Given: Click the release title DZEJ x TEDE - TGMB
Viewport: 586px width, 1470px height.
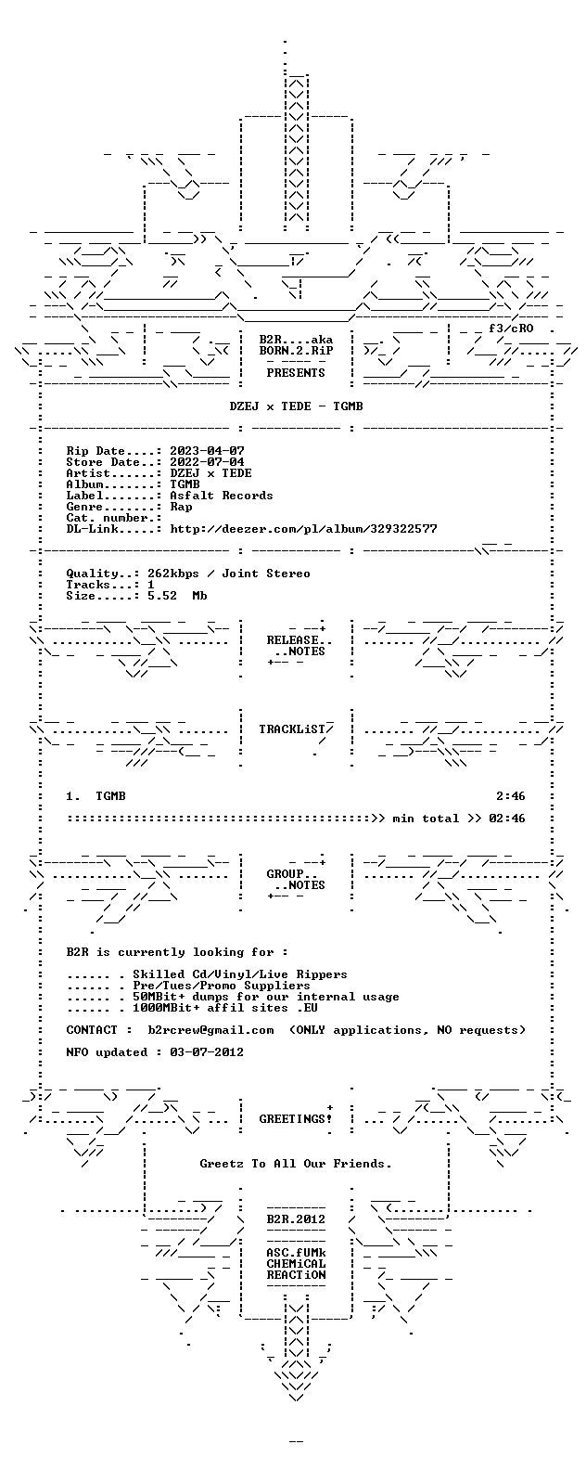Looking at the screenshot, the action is [296, 406].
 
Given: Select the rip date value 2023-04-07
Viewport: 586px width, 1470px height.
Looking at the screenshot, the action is [207, 451].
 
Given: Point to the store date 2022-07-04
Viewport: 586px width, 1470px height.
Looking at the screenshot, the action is [207, 462].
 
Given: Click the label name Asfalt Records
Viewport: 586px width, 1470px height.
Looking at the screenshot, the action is [222, 496].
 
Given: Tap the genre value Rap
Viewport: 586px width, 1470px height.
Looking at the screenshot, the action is [181, 507].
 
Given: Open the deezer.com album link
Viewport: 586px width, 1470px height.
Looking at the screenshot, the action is [303, 529].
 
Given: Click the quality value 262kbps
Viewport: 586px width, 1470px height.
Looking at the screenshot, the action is [173, 574].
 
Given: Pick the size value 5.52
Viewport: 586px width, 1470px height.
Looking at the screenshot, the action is [162, 596].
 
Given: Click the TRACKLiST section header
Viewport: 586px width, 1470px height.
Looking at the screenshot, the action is [292, 729].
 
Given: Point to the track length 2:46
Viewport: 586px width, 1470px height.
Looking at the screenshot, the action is [511, 796].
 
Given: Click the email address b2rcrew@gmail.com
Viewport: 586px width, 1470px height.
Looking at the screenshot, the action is [210, 1030].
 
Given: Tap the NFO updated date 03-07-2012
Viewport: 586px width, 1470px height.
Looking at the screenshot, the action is [207, 1052].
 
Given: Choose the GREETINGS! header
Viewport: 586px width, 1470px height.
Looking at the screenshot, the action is [296, 1119].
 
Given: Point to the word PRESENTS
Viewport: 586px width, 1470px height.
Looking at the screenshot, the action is [296, 373].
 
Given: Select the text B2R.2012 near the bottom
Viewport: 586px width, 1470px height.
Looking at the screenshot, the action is [296, 1219].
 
